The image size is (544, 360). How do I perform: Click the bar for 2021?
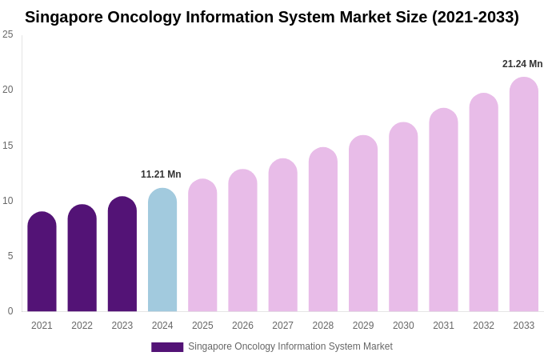point(42,262)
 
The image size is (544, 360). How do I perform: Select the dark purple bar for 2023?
point(122,254)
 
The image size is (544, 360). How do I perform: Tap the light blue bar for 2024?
point(162,250)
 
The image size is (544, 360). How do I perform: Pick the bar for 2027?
point(282,235)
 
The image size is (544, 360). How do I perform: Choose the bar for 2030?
point(403,217)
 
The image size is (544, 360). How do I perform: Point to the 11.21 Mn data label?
point(161,174)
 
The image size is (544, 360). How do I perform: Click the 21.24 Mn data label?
point(522,64)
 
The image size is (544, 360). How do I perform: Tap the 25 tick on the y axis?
point(8,34)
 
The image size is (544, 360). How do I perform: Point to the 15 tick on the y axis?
point(8,146)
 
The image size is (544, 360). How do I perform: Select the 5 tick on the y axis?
point(10,256)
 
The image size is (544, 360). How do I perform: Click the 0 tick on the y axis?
point(10,311)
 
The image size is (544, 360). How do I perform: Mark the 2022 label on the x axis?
point(82,326)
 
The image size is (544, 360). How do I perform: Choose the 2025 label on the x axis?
point(202,326)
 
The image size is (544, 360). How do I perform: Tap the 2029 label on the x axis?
point(363,326)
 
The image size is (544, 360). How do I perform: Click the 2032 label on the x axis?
point(483,326)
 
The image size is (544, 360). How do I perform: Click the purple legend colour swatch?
point(167,347)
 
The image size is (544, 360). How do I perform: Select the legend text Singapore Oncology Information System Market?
point(290,346)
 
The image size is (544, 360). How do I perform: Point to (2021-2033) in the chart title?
point(475,17)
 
